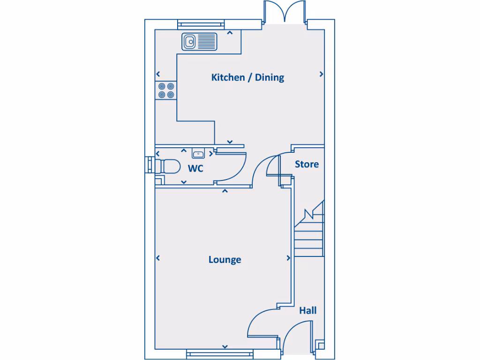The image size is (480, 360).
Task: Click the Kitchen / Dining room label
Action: click(247, 77)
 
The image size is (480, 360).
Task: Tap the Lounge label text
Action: click(225, 260)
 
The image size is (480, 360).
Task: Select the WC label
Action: click(195, 168)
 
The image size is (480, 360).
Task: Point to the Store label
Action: click(307, 164)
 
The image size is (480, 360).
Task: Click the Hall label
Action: click(307, 310)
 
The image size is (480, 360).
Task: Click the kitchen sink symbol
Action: click(200, 42)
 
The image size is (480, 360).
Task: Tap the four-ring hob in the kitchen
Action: click(166, 90)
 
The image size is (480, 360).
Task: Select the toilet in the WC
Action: click(169, 167)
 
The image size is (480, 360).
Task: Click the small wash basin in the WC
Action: click(198, 153)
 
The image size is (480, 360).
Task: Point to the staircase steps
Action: click(309, 237)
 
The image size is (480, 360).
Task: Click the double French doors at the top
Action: click(284, 12)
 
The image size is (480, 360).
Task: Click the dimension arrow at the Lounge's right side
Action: click(288, 258)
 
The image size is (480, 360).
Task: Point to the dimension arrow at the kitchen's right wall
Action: click(322, 74)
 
